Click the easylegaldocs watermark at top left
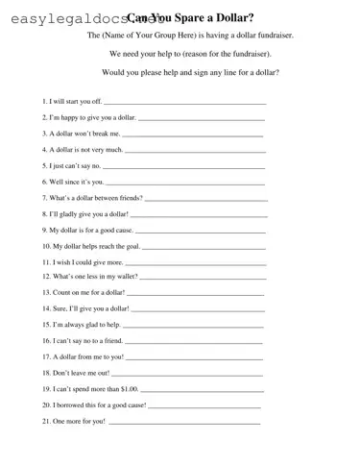(x=62, y=16)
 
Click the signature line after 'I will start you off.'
(x=184, y=101)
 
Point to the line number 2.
(x=44, y=117)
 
